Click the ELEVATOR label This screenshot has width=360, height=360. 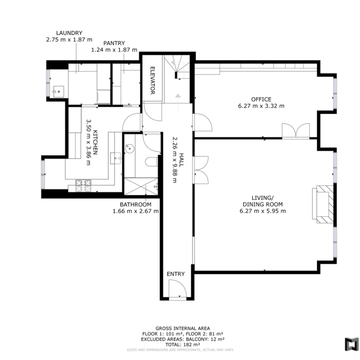[x=152, y=80]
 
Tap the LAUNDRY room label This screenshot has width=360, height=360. [x=69, y=33]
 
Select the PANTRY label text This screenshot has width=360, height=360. [x=114, y=43]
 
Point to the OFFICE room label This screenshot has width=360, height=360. [x=261, y=99]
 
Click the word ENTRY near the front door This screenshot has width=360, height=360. [x=176, y=274]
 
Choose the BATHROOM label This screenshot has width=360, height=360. [x=135, y=204]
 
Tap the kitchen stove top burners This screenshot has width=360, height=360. [x=83, y=186]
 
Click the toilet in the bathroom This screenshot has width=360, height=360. [x=151, y=162]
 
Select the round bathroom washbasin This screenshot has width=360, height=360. [x=130, y=148]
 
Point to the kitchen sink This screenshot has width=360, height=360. [x=116, y=158]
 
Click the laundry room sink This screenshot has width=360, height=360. [x=59, y=91]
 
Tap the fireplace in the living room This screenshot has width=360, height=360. [x=323, y=204]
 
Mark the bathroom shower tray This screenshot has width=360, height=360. [x=141, y=186]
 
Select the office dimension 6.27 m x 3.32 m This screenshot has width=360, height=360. [x=261, y=106]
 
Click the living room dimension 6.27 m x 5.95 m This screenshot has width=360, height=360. [x=263, y=211]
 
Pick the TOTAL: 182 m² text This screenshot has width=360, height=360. [x=183, y=345]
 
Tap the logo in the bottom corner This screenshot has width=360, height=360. [x=352, y=344]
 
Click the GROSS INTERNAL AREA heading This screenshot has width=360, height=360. [x=183, y=329]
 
